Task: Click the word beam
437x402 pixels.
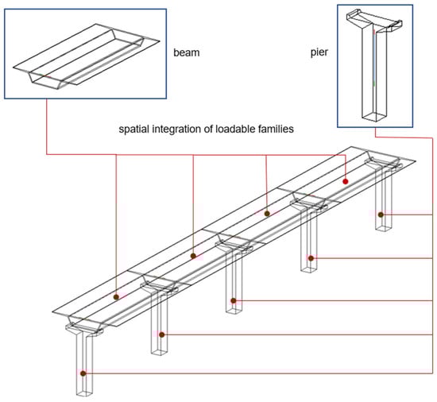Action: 187,52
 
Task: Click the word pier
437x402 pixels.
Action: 319,52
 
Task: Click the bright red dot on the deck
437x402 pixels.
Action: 346,182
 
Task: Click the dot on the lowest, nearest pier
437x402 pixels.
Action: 83,373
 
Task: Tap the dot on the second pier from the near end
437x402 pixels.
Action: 162,334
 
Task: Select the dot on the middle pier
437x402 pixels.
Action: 234,301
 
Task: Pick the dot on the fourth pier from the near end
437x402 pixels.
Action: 311,258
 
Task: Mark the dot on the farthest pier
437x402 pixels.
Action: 381,215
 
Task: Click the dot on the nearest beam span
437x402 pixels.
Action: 116,297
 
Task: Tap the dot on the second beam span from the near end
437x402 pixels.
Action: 193,256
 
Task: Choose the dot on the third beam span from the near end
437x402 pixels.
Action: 267,214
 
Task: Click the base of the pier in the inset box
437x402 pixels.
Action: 375,117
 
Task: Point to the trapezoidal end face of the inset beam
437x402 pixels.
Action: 47,81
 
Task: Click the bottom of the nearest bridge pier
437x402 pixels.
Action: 85,392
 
